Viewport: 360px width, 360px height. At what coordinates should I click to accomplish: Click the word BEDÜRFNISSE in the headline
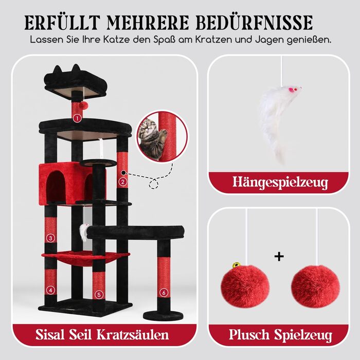point(254,23)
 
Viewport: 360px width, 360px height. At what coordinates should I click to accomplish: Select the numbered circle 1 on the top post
point(77,118)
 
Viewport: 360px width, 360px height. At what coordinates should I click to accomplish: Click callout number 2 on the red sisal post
point(123,182)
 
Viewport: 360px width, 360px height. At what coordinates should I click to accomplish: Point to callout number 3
point(50,238)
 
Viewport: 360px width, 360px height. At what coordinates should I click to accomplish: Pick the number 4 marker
point(50,290)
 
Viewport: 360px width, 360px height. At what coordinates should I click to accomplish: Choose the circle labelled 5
point(99,295)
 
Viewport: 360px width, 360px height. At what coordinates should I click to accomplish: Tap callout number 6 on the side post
point(164,293)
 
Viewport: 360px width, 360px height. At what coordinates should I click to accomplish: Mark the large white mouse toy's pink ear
point(291,89)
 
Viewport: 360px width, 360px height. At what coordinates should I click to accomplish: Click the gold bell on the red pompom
point(236,266)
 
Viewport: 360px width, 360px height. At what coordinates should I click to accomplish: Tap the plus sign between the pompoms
point(279,257)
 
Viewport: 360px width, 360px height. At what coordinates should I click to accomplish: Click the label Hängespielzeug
point(280,183)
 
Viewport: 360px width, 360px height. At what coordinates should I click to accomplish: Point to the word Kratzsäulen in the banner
point(133,334)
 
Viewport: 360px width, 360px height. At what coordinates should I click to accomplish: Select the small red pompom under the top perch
point(82,105)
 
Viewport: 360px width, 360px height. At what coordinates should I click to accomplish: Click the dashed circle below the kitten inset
point(153,184)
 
